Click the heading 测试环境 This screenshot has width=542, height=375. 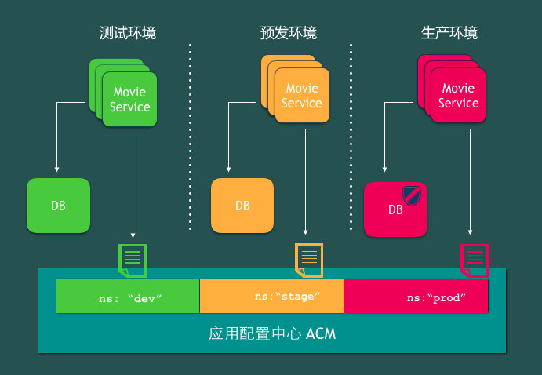coord(128,33)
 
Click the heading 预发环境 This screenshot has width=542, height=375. coord(289,33)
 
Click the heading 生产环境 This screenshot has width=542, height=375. coord(449,33)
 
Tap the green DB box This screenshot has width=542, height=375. coord(58,206)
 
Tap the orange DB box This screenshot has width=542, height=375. coord(242,206)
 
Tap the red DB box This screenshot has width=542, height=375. coord(395,209)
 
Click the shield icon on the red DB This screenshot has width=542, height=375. coord(412,195)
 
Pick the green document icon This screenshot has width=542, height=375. coord(132,260)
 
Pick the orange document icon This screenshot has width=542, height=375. coord(308,260)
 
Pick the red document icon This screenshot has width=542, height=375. coord(475,260)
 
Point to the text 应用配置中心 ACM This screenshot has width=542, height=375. coord(272,333)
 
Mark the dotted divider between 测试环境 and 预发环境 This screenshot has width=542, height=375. coord(190,137)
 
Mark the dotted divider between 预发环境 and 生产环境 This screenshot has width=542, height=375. coord(351,137)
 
